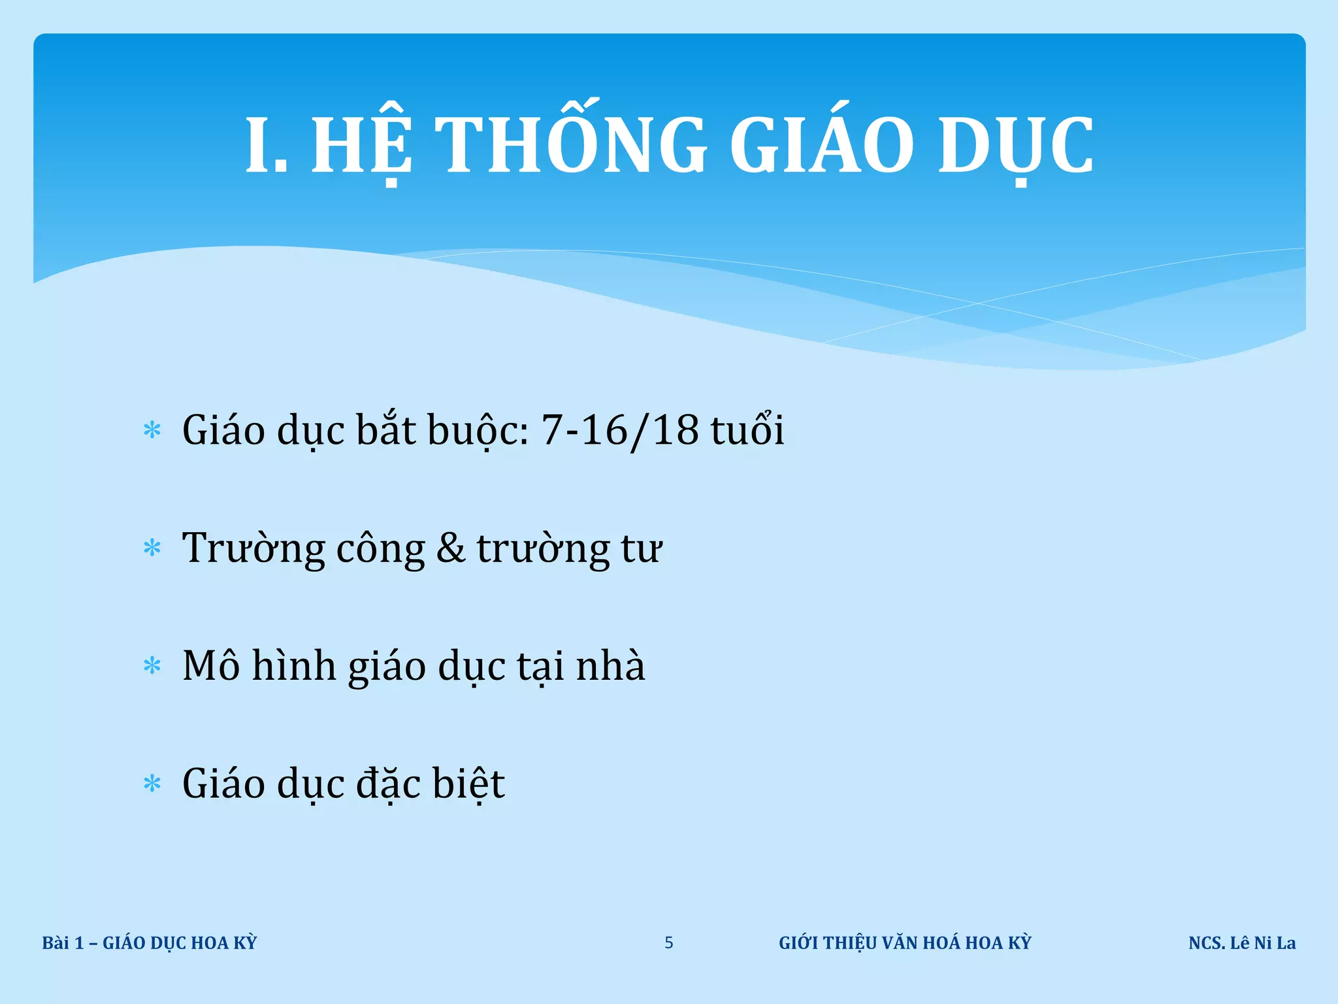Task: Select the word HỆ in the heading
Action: point(361,145)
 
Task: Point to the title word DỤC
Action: point(1015,145)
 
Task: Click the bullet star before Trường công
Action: point(152,548)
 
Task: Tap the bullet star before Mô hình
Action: point(152,666)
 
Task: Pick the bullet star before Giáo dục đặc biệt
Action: point(152,783)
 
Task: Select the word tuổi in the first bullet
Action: point(747,429)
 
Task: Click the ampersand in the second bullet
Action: point(451,548)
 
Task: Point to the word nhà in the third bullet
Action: point(610,665)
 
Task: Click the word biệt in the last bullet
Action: point(468,783)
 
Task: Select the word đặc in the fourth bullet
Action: point(388,783)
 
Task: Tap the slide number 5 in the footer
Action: point(669,943)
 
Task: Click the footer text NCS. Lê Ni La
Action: point(1242,943)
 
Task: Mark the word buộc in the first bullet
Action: point(478,431)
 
